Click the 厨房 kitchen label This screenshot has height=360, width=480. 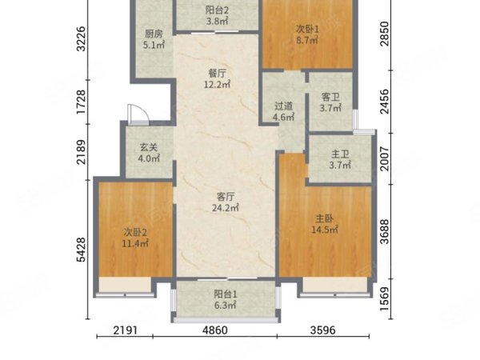(154, 34)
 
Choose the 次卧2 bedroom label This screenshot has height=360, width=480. (134, 232)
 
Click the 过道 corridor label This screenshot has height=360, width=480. (283, 105)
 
